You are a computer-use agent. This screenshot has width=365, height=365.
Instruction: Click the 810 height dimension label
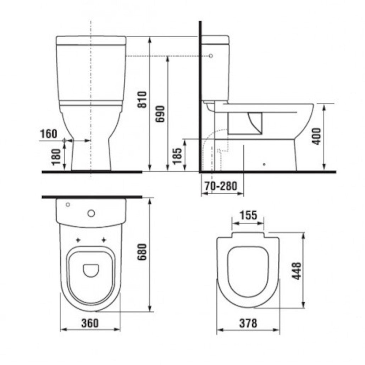click(142, 100)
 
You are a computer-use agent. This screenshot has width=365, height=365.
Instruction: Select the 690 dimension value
click(160, 114)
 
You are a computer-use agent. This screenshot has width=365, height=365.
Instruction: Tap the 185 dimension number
click(178, 155)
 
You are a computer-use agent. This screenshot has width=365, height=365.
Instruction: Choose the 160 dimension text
click(48, 134)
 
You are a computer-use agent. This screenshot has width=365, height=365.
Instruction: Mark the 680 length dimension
click(142, 252)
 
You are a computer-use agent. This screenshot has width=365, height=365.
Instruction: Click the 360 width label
click(90, 323)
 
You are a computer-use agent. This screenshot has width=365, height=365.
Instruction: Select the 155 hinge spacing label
click(248, 215)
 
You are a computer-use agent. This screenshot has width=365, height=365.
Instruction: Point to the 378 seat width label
click(248, 323)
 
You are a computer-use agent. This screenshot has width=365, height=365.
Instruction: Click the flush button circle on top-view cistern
click(92, 213)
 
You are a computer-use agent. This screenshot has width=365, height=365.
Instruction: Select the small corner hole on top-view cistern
click(68, 204)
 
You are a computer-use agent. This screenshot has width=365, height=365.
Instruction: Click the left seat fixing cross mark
click(78, 240)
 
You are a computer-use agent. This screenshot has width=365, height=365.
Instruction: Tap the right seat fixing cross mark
click(104, 240)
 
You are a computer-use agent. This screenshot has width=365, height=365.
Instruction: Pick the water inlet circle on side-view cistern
click(211, 56)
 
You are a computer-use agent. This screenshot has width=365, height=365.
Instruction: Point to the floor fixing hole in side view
click(264, 164)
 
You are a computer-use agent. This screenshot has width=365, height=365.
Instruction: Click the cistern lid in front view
click(91, 40)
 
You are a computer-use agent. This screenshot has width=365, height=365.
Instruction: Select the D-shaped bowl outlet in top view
click(91, 270)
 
